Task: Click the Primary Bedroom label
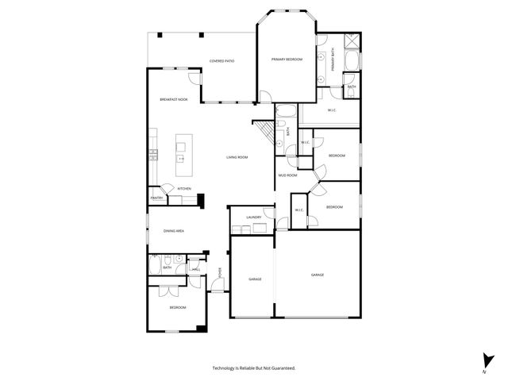[x=287, y=60]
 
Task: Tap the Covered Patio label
[x=221, y=61]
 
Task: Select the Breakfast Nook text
[x=173, y=99]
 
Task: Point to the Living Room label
[x=237, y=157]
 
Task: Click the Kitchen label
[x=184, y=188]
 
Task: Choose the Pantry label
[x=156, y=198]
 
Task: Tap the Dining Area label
[x=174, y=230]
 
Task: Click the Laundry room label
[x=254, y=217]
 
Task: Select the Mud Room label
[x=287, y=175]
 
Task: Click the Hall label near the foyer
[x=195, y=269]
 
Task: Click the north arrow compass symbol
[x=485, y=361]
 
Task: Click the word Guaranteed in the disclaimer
[x=283, y=368]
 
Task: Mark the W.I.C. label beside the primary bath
[x=332, y=110]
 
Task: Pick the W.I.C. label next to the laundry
[x=299, y=210]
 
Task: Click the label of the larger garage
[x=317, y=275]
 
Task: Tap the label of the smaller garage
[x=255, y=279]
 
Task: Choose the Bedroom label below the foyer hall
[x=178, y=307]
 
